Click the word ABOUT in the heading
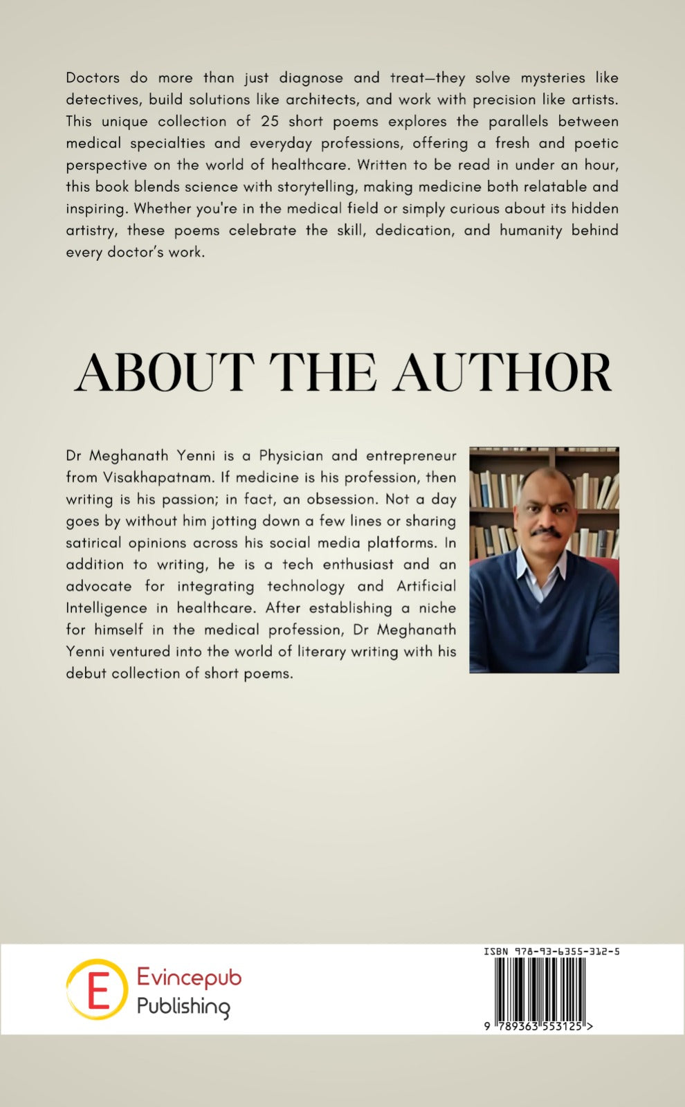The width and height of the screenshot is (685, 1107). point(164,372)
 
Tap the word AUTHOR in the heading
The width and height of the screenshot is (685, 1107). point(503,372)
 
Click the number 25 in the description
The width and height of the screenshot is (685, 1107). point(270,121)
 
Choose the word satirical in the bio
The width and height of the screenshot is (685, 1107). point(93,543)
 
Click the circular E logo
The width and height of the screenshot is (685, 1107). point(97,989)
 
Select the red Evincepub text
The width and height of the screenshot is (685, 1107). point(189,977)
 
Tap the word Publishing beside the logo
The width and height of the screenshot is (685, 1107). point(183,1006)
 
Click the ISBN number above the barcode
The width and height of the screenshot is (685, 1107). point(551,951)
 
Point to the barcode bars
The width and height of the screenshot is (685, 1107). point(540,988)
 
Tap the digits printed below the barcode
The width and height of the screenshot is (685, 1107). point(539,1027)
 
